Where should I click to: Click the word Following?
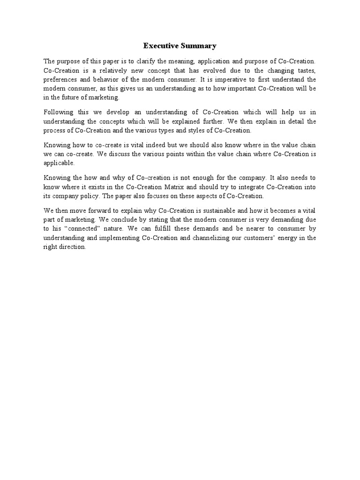pyautogui.click(x=58, y=112)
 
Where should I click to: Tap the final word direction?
pyautogui.click(x=72, y=247)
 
